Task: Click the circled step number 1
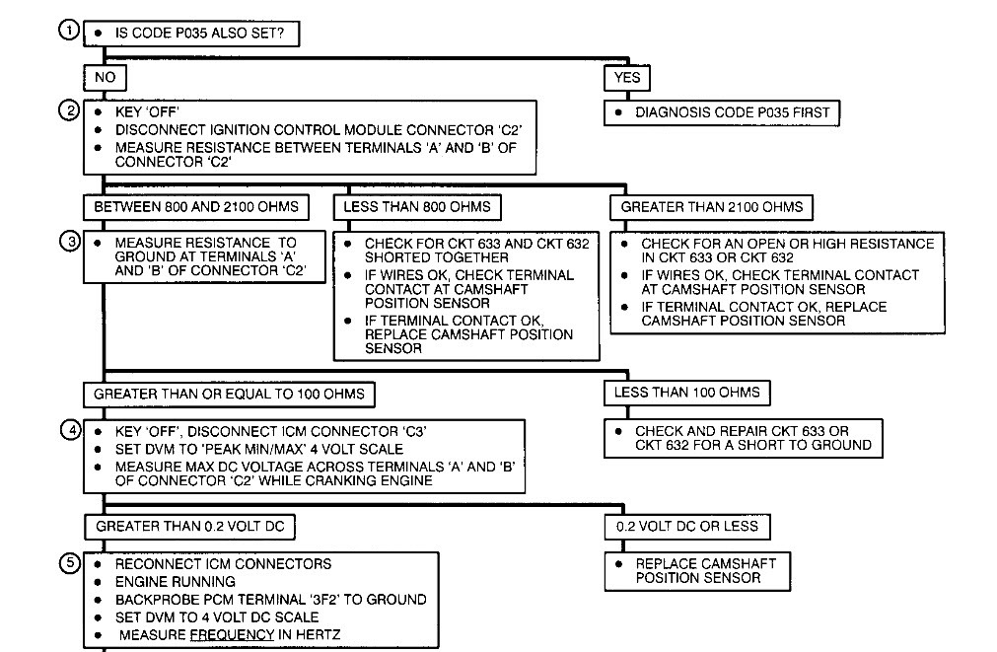67,31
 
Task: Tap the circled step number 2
67,111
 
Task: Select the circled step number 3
67,243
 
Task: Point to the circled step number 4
67,431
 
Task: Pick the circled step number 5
67,564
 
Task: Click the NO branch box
105,77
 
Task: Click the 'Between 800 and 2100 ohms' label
195,208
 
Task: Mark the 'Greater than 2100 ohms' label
712,208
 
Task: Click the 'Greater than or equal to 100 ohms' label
229,394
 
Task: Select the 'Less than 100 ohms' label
687,393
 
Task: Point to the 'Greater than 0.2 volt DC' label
189,527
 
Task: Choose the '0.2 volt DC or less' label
687,527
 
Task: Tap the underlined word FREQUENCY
231,635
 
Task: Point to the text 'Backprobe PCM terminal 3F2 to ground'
270,600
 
